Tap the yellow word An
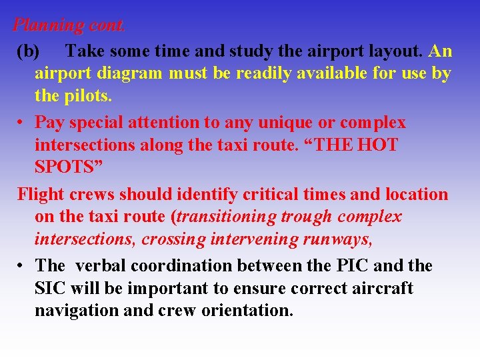point(441,51)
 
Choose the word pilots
point(87,96)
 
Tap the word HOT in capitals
point(374,145)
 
